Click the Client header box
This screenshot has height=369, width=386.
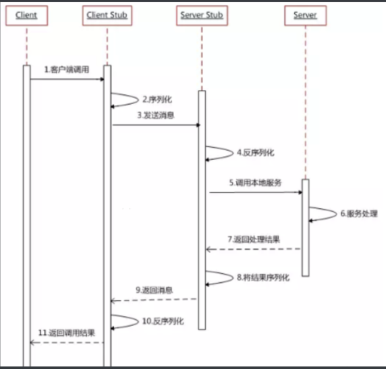click(26, 16)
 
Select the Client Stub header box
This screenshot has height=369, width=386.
click(107, 16)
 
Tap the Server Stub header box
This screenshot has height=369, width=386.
click(201, 16)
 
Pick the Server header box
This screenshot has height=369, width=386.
click(305, 16)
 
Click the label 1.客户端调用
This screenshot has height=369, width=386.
click(67, 70)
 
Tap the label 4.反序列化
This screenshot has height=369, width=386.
click(255, 153)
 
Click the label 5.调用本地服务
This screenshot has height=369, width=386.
click(255, 183)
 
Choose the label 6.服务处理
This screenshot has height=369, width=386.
click(359, 214)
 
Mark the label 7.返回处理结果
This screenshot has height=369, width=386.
click(253, 240)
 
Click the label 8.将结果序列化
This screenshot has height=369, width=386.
click(263, 277)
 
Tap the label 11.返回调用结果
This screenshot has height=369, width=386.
click(67, 333)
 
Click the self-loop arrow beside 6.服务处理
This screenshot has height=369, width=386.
click(325, 214)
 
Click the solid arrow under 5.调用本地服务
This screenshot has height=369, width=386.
click(256, 192)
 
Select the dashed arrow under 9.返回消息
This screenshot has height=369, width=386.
click(154, 300)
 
